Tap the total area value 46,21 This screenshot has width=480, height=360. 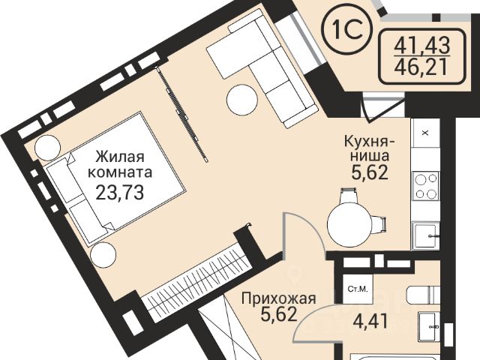421,68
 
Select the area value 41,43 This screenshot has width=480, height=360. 421,46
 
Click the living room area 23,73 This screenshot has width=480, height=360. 120,192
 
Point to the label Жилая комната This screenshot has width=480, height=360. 120,165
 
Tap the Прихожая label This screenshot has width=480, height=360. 278,298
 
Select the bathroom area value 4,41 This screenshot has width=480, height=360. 371,322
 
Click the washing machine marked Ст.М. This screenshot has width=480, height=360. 358,288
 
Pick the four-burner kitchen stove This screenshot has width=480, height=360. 427,186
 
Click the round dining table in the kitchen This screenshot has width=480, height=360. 349,225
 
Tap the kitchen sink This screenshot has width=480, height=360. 426,236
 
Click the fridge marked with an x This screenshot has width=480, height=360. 425,133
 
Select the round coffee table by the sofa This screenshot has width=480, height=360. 242,100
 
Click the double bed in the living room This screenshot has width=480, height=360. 115,178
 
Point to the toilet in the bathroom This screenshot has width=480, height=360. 423,295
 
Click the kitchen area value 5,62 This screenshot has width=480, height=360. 370,173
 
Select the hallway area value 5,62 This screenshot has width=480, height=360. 279,314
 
